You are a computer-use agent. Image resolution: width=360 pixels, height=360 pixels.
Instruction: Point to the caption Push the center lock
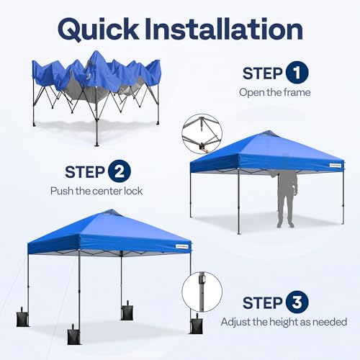click(96, 191)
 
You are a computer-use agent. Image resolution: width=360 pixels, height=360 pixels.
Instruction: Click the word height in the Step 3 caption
click(279, 322)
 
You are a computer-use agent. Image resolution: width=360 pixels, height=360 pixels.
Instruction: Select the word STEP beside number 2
click(86, 172)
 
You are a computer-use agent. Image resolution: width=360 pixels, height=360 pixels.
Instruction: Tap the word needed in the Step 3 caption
click(330, 322)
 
